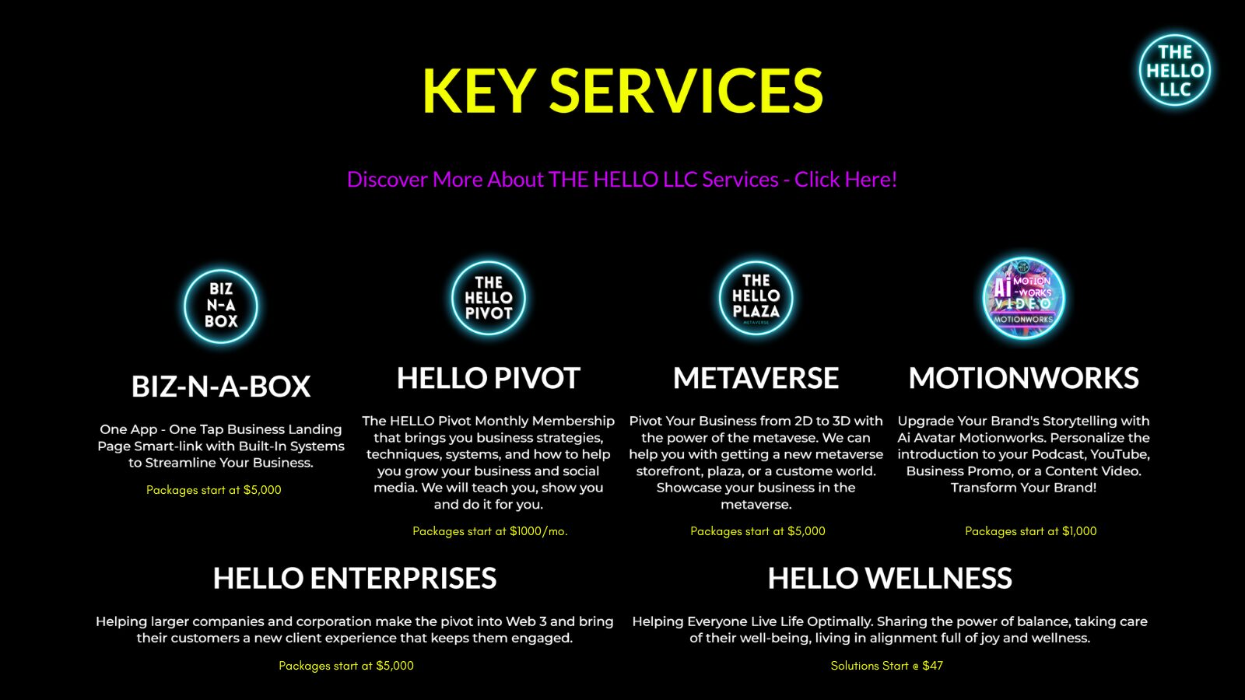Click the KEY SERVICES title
pyautogui.click(x=622, y=91)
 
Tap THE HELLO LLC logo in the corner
pyautogui.click(x=1174, y=70)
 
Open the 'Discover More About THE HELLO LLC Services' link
pyautogui.click(x=622, y=180)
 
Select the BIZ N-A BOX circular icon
pyautogui.click(x=221, y=306)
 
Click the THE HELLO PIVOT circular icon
pyautogui.click(x=489, y=298)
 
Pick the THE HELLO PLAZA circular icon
pyautogui.click(x=756, y=298)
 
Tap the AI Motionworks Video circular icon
pyautogui.click(x=1023, y=298)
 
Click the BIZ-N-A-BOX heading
pyautogui.click(x=221, y=387)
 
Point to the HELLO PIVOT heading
pyautogui.click(x=489, y=379)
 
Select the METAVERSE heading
pyautogui.click(x=756, y=379)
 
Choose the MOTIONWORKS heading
pyautogui.click(x=1023, y=379)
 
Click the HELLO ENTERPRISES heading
pyautogui.click(x=355, y=579)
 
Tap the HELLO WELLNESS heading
pyautogui.click(x=889, y=579)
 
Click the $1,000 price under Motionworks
pyautogui.click(x=1079, y=531)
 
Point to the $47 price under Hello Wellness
pyautogui.click(x=932, y=666)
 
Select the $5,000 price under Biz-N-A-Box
pyautogui.click(x=262, y=490)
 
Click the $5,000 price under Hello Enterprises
pyautogui.click(x=395, y=666)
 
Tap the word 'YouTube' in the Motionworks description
pyautogui.click(x=1119, y=454)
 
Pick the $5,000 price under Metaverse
pyautogui.click(x=806, y=531)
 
